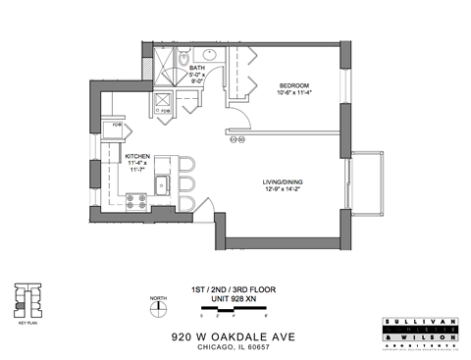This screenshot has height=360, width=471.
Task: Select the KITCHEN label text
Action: (x=137, y=156)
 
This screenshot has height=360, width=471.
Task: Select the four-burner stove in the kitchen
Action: (x=136, y=201)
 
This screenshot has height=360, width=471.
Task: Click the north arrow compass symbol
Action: (x=156, y=308)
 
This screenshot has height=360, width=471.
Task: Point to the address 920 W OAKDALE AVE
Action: (x=233, y=334)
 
